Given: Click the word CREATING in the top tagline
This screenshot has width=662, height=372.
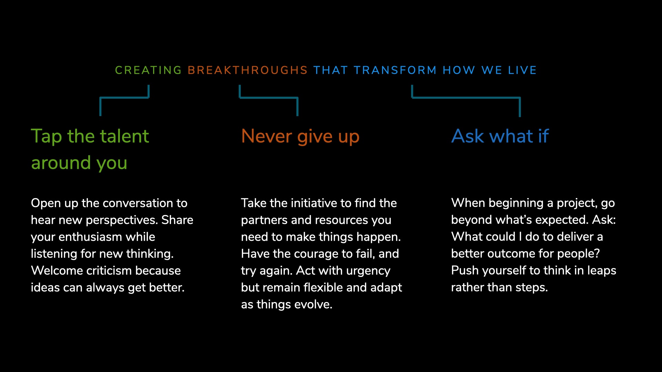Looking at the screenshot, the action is coord(148,70).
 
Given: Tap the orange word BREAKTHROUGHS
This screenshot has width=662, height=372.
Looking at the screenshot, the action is coord(248,70).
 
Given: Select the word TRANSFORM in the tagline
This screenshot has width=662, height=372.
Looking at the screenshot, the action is coord(395,70).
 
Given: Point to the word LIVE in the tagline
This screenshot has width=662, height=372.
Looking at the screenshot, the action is coord(522,70).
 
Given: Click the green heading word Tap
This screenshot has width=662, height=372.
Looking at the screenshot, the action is coord(47,137).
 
